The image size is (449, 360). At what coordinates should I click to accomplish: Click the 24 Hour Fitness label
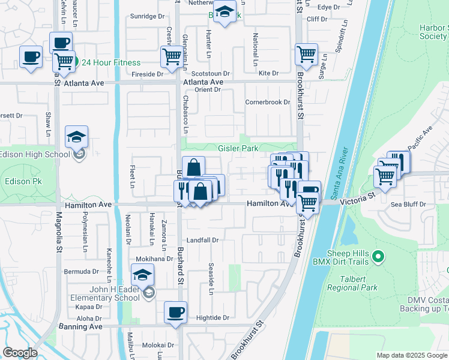pos(111,62)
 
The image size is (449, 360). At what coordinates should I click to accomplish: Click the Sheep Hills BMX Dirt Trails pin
pos(378,258)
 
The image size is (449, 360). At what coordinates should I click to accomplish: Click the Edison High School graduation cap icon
pos(76,137)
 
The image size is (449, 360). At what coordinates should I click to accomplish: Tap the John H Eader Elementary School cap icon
pos(142,275)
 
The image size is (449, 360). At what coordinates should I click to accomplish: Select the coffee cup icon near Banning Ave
pos(175,312)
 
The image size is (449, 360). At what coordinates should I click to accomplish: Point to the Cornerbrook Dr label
pos(267,102)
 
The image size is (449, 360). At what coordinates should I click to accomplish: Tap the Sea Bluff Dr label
pos(408,204)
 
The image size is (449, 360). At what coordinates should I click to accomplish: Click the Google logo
pos(20,353)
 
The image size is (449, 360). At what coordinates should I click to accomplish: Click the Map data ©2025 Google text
pos(411,355)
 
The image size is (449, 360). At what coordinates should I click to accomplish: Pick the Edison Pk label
pos(22,181)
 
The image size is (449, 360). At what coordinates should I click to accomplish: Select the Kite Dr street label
pos(268,73)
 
